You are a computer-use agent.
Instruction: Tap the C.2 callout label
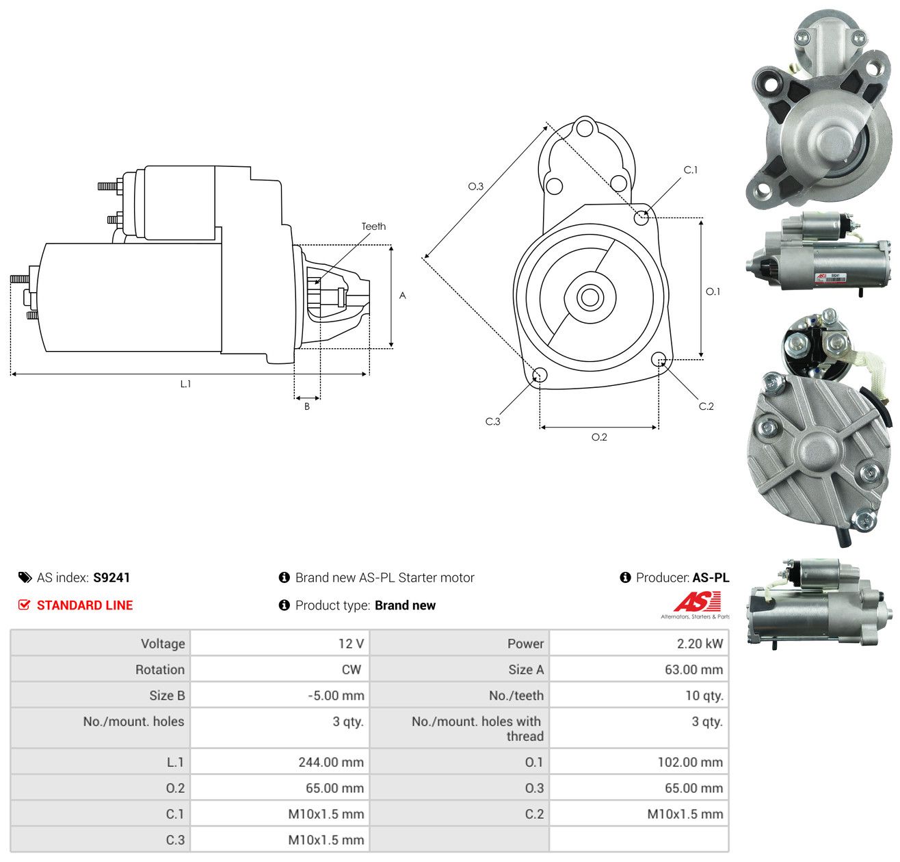tap(706, 406)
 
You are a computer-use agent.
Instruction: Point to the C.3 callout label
tap(492, 421)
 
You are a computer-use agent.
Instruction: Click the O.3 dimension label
tap(475, 186)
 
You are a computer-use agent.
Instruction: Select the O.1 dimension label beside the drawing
tap(713, 291)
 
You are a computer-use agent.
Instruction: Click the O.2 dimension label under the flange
tap(599, 436)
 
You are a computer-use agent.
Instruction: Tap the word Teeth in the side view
tap(373, 226)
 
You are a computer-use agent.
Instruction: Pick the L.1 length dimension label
tap(185, 384)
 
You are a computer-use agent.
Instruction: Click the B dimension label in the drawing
tap(306, 406)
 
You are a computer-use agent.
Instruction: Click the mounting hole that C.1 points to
tap(641, 218)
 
